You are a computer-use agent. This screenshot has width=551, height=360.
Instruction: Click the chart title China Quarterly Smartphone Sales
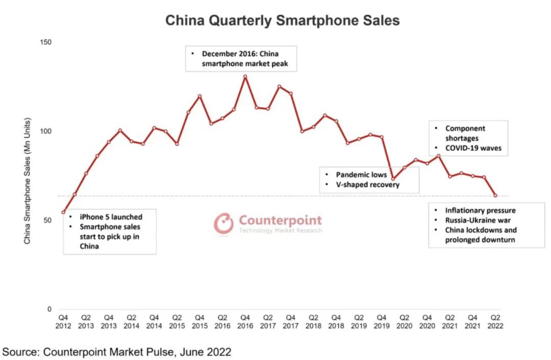point(282,20)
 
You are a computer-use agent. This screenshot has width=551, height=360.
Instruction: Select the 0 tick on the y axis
point(49,309)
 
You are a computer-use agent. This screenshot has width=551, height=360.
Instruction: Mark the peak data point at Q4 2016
point(245,76)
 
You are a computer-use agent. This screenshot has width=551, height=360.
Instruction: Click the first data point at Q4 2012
point(63,212)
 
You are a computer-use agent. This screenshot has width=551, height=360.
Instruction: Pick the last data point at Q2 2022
point(495,195)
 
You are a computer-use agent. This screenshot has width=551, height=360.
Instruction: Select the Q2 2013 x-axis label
point(86,321)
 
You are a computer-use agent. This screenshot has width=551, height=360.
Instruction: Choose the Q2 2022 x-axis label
point(495,321)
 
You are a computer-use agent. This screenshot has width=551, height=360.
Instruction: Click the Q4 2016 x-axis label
point(245,321)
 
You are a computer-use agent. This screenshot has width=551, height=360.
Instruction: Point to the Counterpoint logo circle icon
point(223,223)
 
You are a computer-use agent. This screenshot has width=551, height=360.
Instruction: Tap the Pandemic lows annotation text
point(361,174)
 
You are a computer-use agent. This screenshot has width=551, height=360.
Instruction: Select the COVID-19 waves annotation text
point(473,148)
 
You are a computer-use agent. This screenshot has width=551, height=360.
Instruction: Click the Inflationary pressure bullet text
point(480,210)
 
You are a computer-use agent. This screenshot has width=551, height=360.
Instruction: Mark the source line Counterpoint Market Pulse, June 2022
point(117,351)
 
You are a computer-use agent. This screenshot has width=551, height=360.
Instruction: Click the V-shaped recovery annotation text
point(367,185)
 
